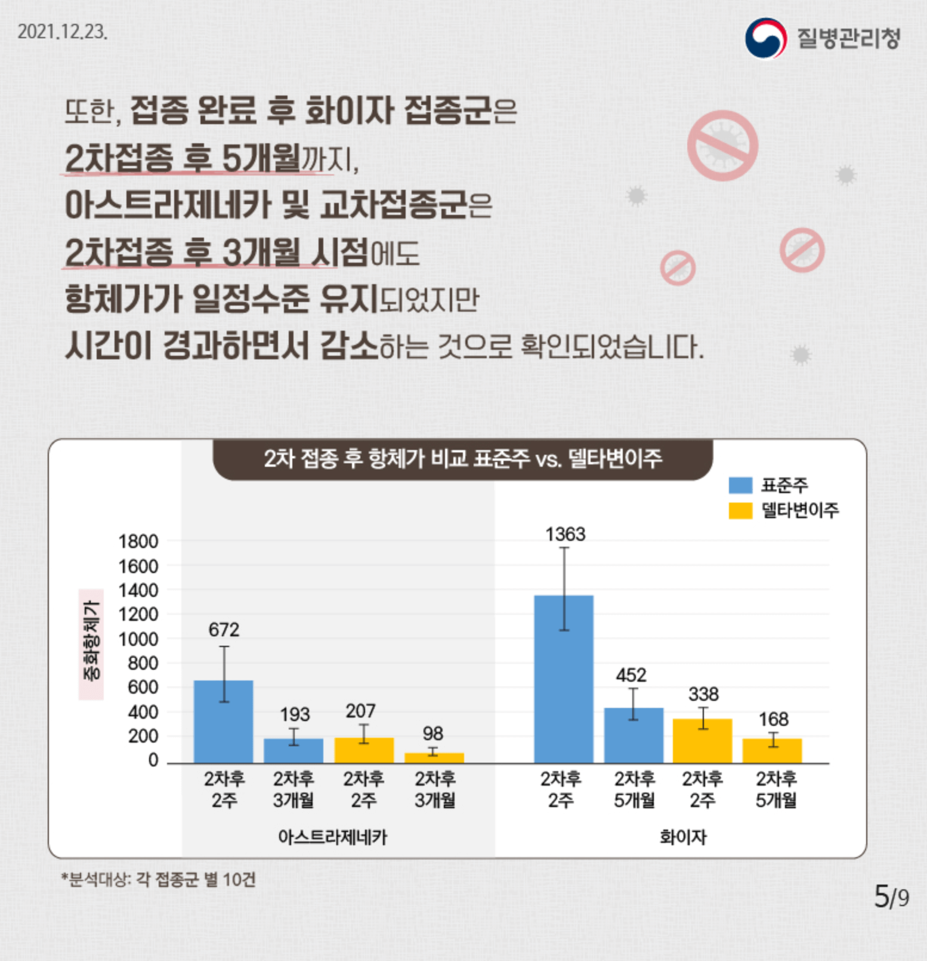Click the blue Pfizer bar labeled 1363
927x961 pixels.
pos(563,679)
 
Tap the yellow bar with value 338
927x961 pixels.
pos(702,741)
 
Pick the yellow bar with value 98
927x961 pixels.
pos(434,758)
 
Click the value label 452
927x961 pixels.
pos(631,675)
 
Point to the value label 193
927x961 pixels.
pos(295,714)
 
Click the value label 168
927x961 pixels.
pos(773,719)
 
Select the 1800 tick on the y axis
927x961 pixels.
pos(138,541)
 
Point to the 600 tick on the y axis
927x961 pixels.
pos(143,687)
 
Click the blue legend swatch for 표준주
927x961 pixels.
pos(740,485)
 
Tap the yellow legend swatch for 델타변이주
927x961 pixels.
pos(740,511)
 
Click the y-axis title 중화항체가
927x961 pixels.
pos(91,644)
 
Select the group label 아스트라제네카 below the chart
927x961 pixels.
pos(332,837)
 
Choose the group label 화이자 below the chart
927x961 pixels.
pos(682,837)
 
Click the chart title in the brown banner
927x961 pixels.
pos(463,458)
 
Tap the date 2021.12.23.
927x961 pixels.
pos(63,32)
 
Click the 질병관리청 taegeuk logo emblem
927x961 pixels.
pos(765,38)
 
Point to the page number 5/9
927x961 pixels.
pos(891,896)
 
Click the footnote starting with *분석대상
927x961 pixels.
pos(159,879)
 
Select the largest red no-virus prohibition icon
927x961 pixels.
pos(722,146)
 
